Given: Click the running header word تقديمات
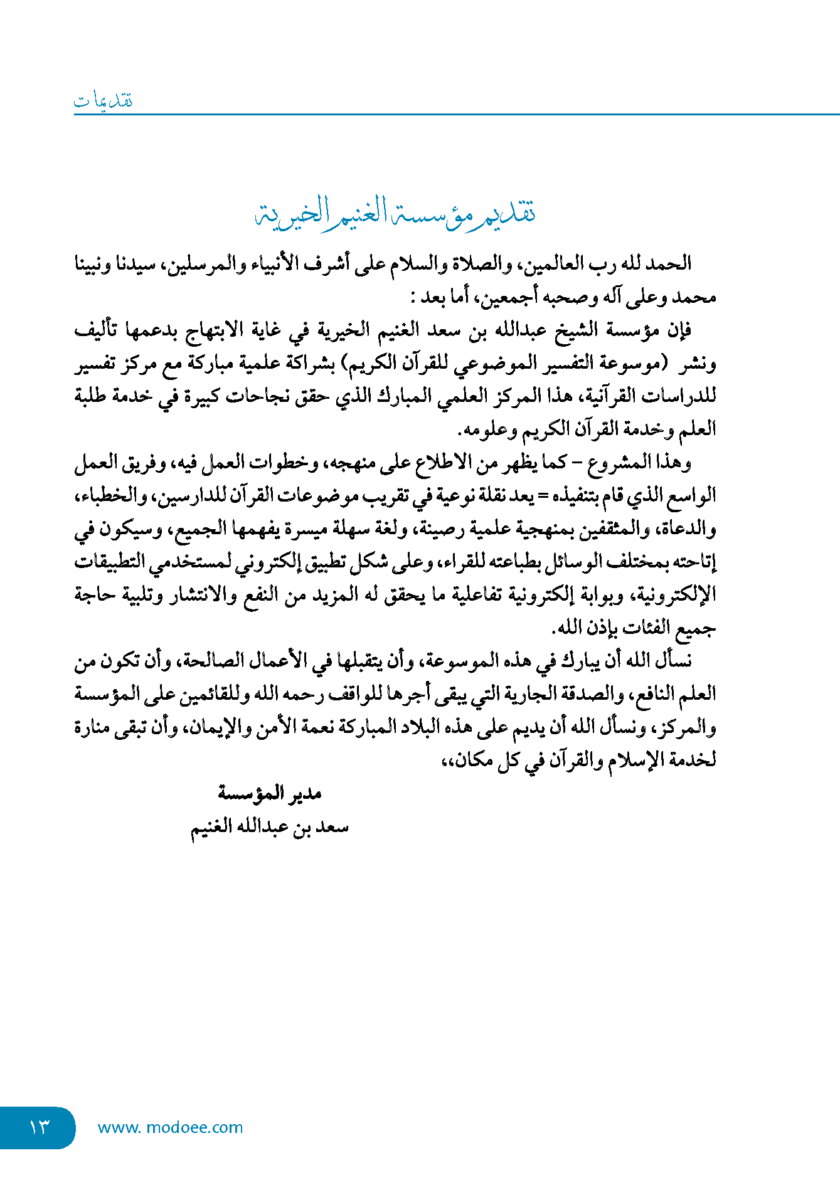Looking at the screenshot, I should (104, 100).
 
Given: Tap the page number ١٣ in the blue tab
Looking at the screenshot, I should (38, 1127).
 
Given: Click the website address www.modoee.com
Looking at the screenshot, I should (170, 1127).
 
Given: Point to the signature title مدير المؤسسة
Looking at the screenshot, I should (270, 793).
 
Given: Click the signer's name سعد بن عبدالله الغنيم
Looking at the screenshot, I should (270, 827).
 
